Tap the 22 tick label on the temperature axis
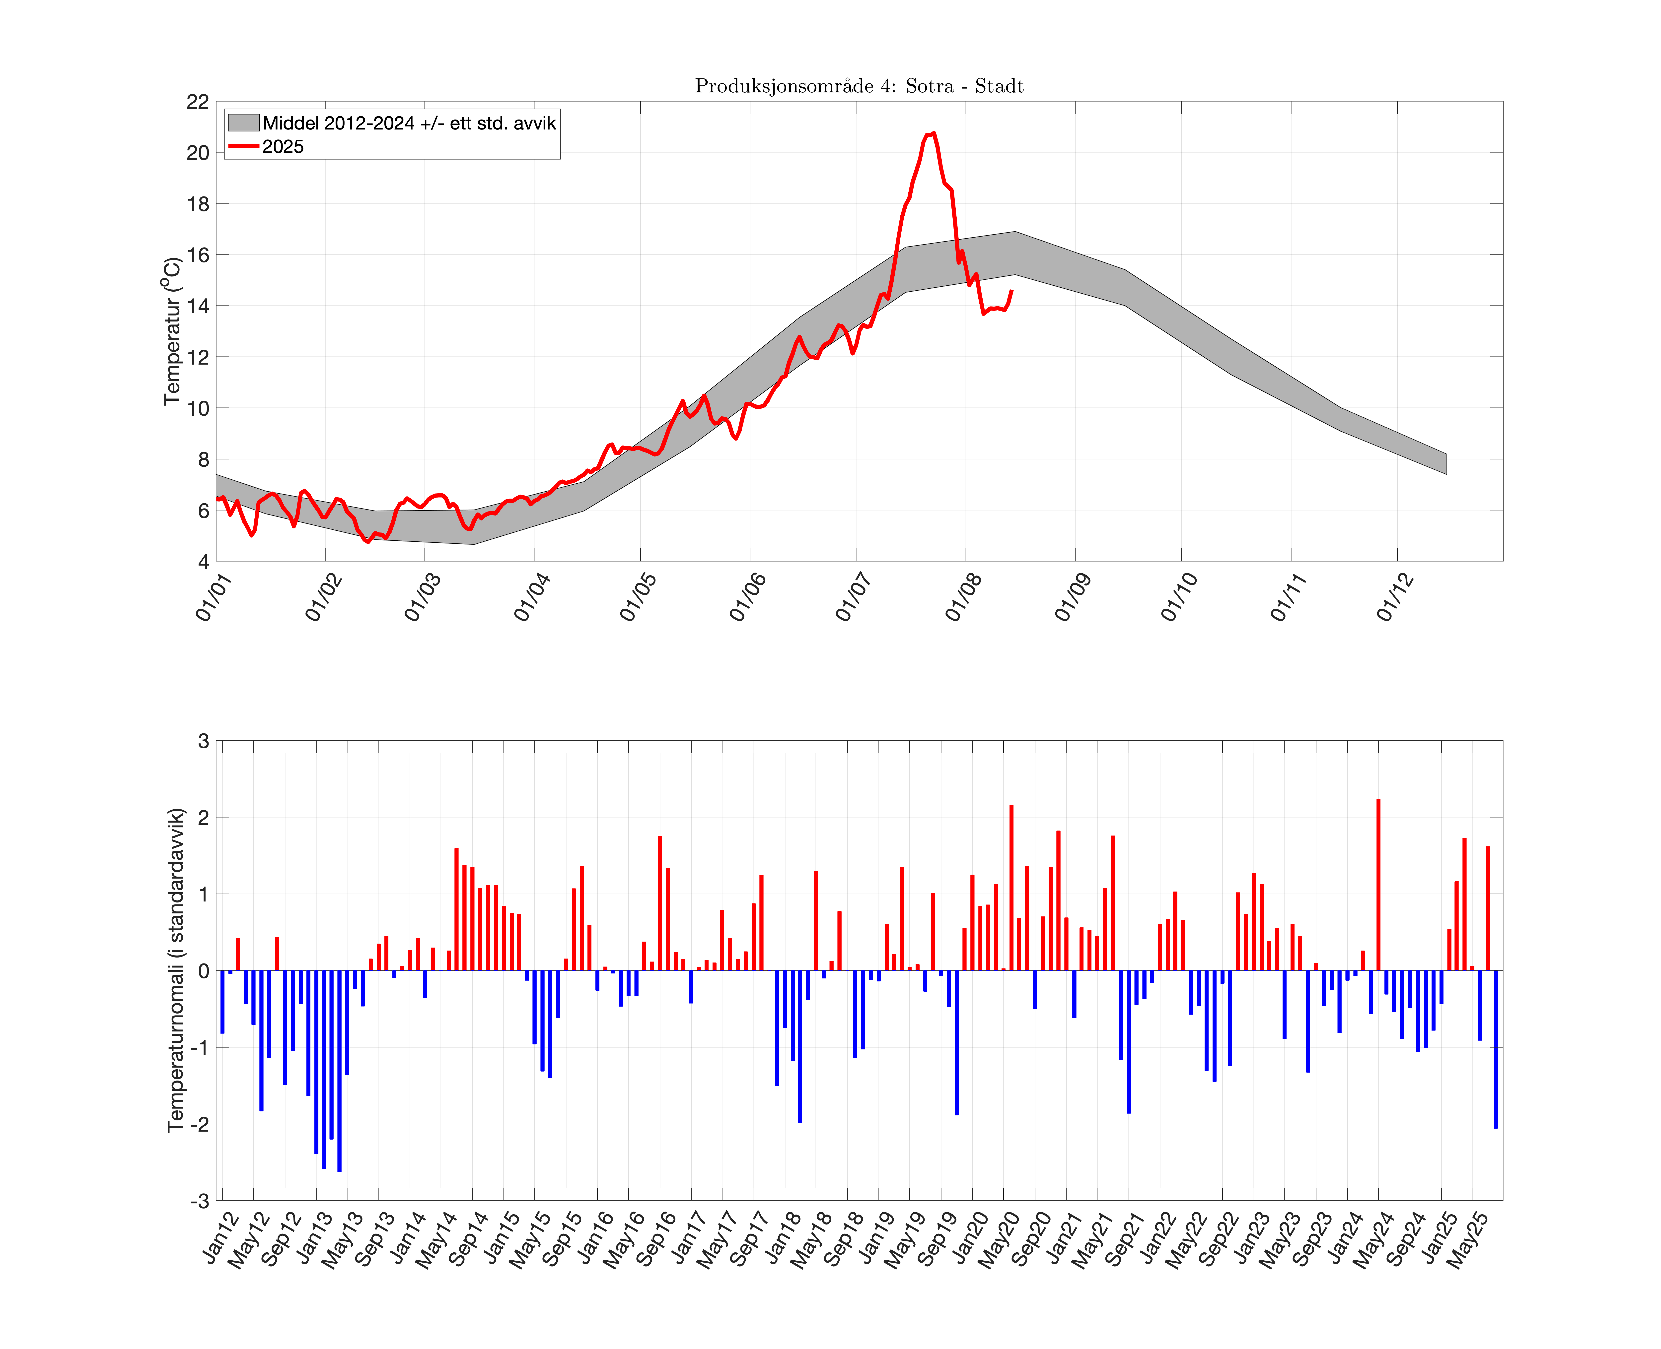197,102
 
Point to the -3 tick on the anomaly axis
200,1201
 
